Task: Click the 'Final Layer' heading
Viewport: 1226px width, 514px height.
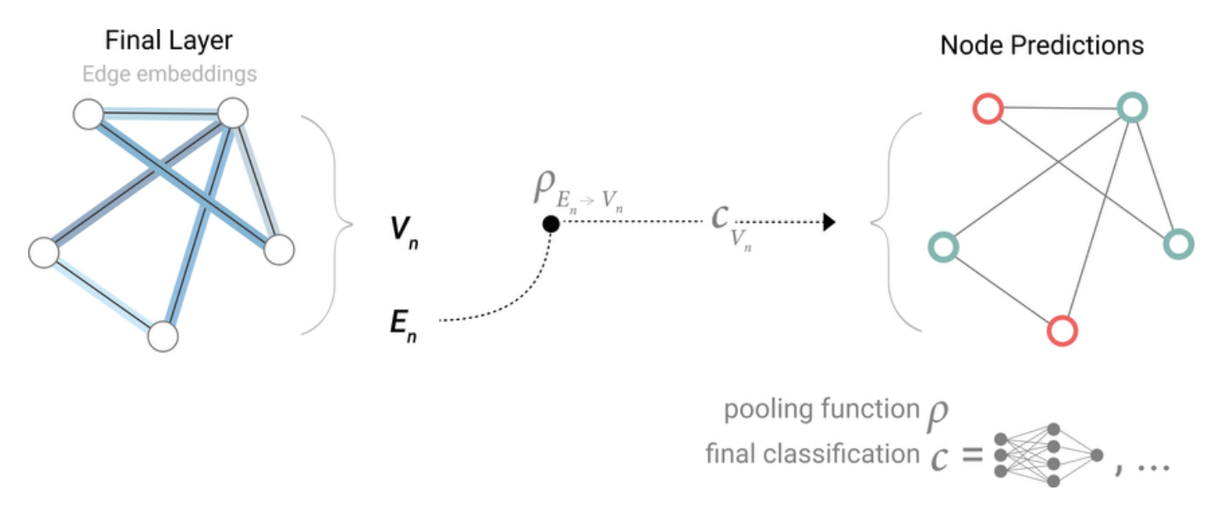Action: click(169, 41)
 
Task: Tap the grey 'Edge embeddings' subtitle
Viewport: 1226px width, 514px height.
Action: click(169, 75)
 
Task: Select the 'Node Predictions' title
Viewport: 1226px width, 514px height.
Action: click(1041, 45)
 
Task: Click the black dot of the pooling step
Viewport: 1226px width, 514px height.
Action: click(550, 223)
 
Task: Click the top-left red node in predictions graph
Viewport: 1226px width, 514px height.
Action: click(987, 108)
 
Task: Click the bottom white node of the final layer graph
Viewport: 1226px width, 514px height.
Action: click(163, 336)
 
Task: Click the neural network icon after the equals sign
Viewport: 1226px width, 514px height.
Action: click(1048, 454)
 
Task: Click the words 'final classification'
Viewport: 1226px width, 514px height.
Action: click(811, 453)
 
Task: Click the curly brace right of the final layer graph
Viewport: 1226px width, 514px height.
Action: click(330, 224)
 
